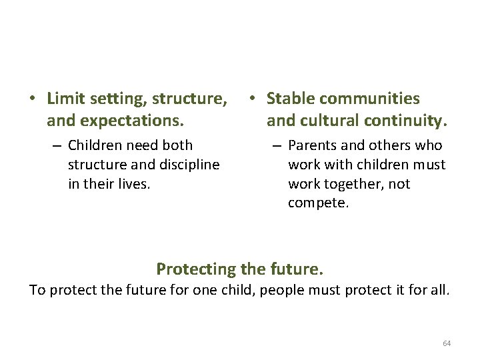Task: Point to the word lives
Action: (x=135, y=183)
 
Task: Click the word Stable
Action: (x=290, y=99)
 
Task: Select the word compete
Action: (x=319, y=203)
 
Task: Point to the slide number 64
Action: (x=447, y=343)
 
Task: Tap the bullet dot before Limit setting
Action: (x=32, y=99)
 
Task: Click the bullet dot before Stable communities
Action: (x=252, y=99)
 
